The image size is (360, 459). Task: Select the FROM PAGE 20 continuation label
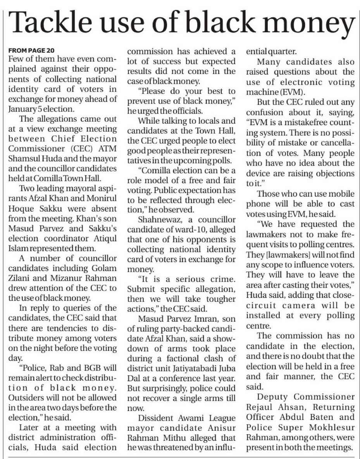coord(31,50)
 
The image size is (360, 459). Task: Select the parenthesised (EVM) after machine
coord(291,92)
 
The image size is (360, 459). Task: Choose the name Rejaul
coord(262,407)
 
